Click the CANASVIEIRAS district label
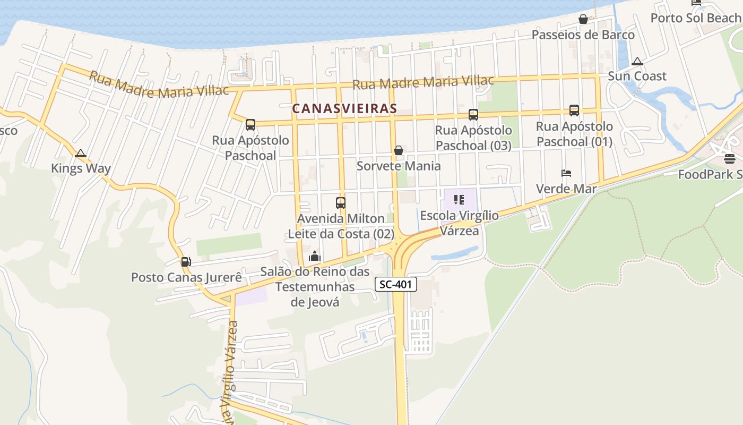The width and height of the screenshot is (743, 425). (x=344, y=108)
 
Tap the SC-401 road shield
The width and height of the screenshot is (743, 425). (x=396, y=284)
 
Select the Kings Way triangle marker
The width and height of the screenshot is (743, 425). (x=81, y=154)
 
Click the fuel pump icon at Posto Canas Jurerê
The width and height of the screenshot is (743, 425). (x=186, y=262)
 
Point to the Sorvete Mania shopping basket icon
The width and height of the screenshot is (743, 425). (x=399, y=151)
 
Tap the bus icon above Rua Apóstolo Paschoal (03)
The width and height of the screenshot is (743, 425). (x=473, y=115)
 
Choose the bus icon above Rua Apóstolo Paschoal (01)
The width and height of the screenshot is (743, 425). (x=574, y=110)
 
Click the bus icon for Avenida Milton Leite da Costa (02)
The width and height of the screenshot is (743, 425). (x=341, y=203)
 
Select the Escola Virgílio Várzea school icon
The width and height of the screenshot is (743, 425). (x=459, y=200)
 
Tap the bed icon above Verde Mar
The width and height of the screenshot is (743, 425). (x=566, y=173)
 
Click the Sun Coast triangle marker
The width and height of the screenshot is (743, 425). (x=637, y=61)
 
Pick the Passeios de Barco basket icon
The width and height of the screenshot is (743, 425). (x=583, y=20)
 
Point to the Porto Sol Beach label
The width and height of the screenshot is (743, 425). (x=696, y=18)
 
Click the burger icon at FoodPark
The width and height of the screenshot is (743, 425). (x=730, y=159)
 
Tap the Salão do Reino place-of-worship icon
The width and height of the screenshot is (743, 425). (x=315, y=257)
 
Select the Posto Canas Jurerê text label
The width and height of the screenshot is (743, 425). (x=186, y=277)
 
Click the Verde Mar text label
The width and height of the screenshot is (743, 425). (x=566, y=189)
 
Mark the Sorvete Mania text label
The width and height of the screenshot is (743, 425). (x=399, y=166)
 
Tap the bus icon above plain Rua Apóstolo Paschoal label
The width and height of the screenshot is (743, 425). (x=250, y=125)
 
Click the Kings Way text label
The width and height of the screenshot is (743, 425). (x=81, y=168)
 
